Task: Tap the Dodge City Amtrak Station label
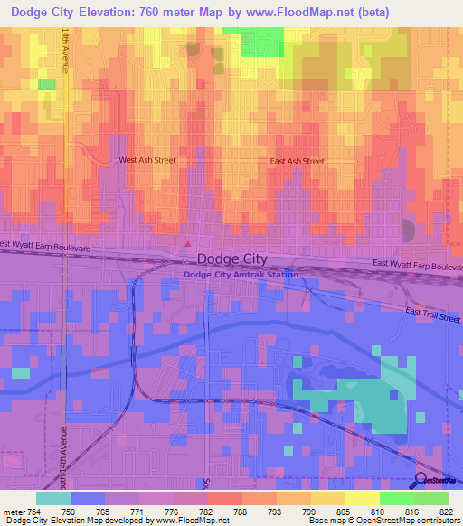[241, 274]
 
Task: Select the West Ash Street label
[147, 160]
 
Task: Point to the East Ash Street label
[298, 161]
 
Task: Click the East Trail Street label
[433, 315]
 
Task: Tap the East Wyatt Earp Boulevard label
[417, 266]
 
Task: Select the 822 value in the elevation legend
[448, 511]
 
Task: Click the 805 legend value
[345, 511]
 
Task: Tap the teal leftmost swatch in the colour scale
[52, 498]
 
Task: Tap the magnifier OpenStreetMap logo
[422, 480]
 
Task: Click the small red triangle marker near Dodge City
[187, 242]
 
